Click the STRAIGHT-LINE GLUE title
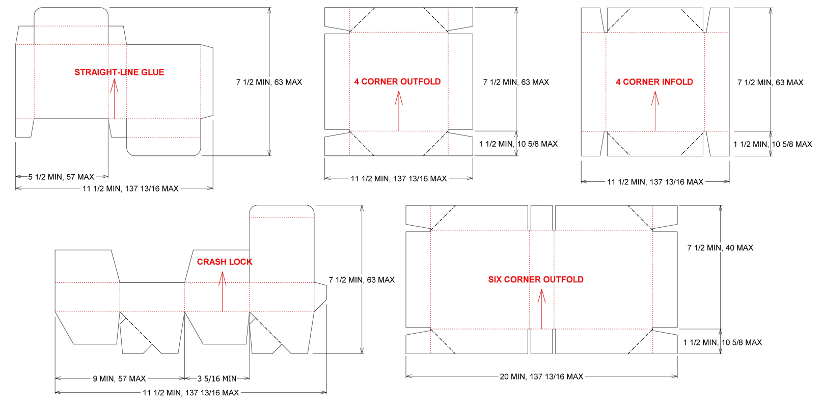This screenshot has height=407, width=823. pos(119,72)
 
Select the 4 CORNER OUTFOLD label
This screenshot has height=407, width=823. pos(398,82)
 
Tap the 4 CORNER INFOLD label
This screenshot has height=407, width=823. pos(654,82)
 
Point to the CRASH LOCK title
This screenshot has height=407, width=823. pos(225,262)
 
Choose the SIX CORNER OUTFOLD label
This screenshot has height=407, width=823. pos(536,280)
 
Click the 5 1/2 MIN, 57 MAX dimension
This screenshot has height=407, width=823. pos(61,177)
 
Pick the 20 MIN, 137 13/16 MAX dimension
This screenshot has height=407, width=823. pos(541,376)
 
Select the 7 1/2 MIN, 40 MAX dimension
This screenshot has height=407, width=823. pos(720,248)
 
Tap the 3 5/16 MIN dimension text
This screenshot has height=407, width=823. pos(217,378)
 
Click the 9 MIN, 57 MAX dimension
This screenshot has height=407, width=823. pos(119,378)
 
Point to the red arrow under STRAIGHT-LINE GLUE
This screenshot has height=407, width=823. pos(114,98)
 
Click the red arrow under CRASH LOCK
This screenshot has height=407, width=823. pos(222,292)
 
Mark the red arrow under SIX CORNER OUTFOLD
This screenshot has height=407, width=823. pos(541,309)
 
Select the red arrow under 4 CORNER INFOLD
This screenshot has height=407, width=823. pos(655,111)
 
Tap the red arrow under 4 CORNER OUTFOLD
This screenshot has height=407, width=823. pos(399,111)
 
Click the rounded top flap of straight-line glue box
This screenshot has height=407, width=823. pos(71,16)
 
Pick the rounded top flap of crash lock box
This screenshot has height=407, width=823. pos(282,211)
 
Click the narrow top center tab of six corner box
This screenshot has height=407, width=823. pos(541,218)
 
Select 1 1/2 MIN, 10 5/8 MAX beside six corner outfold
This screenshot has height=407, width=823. pos(722,342)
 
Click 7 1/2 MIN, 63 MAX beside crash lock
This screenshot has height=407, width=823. pos(362,280)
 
